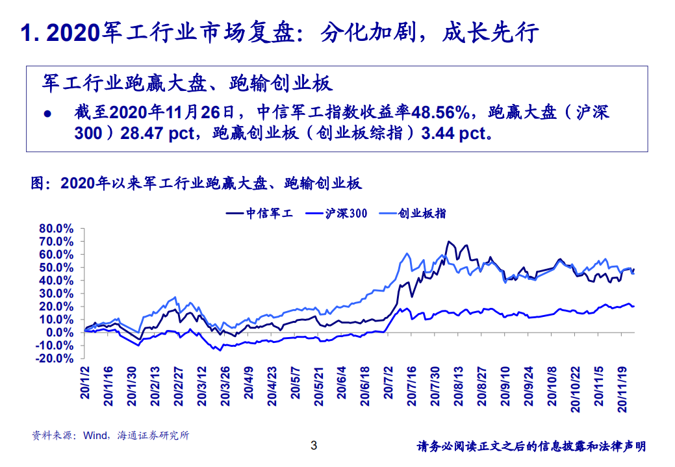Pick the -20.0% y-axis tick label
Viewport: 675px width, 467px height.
[x=55, y=358]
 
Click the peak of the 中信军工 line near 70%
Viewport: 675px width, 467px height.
[x=448, y=242]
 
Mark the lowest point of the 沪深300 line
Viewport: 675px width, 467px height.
[x=220, y=350]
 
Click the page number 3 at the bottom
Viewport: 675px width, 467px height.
[x=314, y=446]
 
